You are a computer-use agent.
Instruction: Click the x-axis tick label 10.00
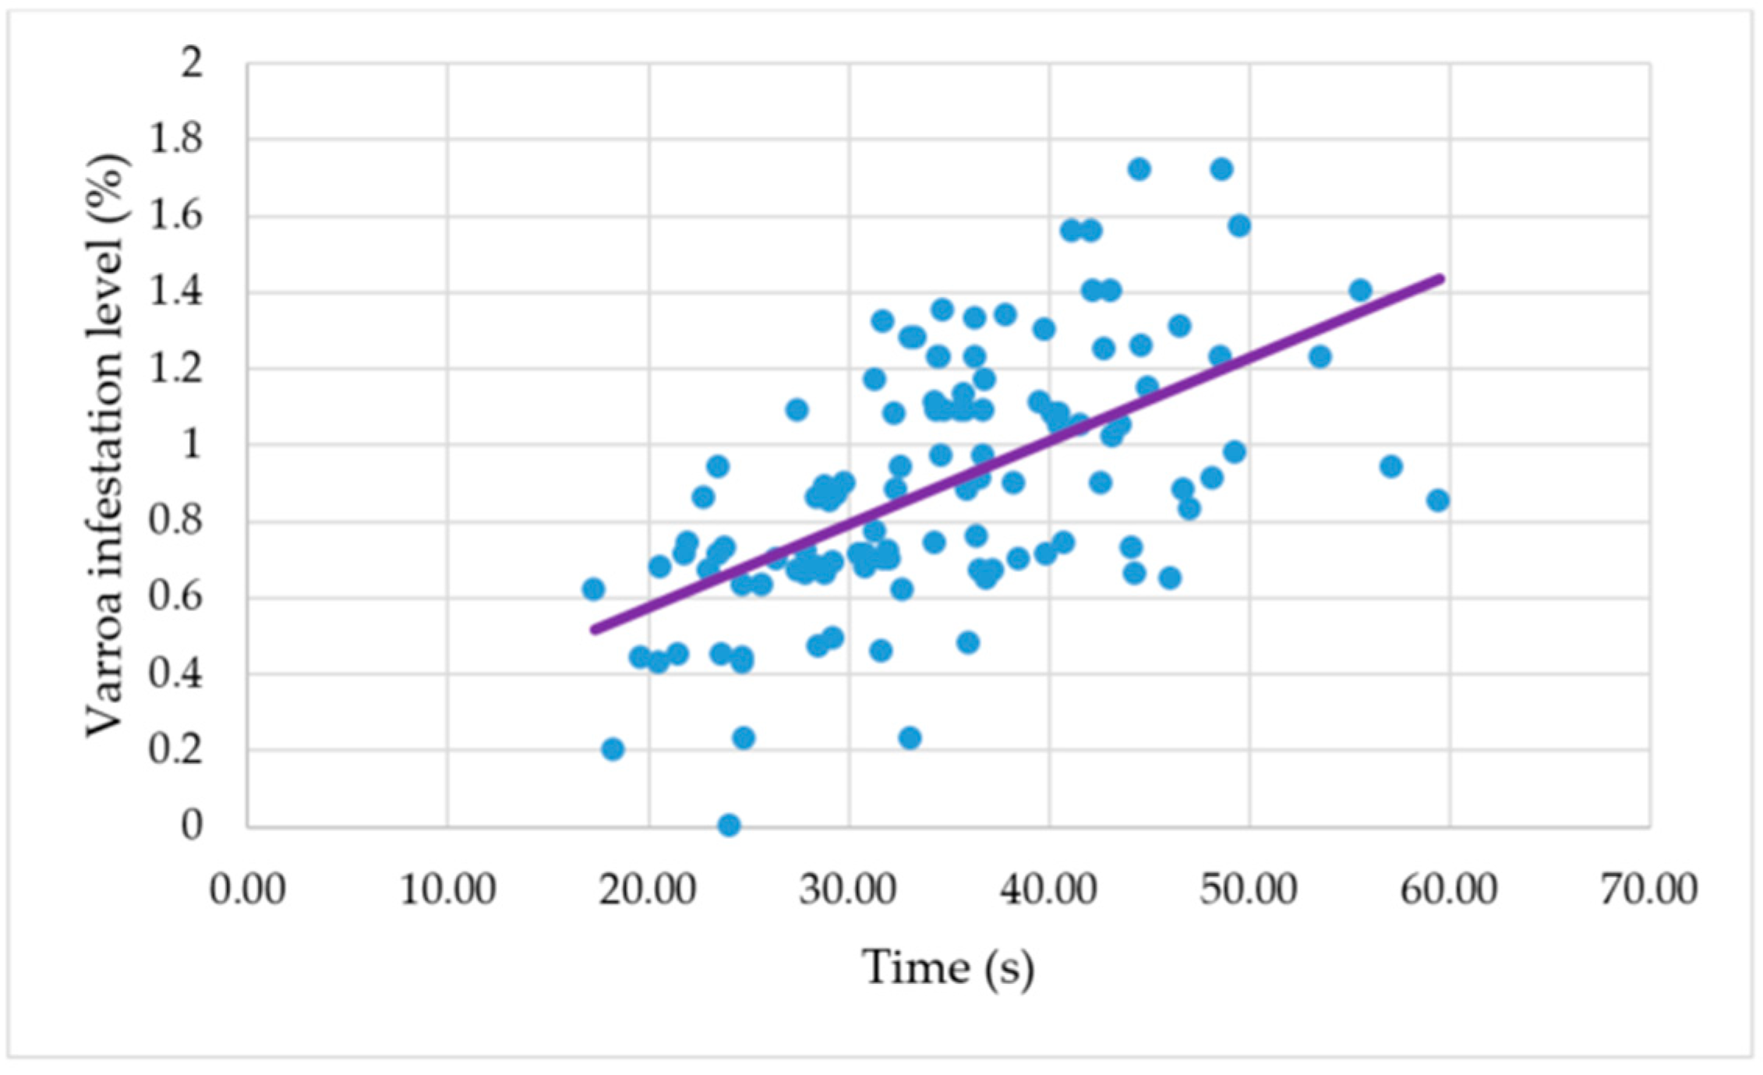(447, 889)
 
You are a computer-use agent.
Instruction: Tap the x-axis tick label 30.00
(848, 889)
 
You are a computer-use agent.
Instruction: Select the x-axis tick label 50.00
(1249, 889)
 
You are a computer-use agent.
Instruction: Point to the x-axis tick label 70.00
(1649, 889)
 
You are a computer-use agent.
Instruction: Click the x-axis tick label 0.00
(248, 889)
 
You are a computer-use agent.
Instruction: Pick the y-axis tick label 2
(191, 62)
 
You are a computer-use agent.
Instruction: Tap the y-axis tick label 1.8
(176, 139)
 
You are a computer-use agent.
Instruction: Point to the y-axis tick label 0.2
(176, 750)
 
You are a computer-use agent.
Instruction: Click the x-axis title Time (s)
(948, 968)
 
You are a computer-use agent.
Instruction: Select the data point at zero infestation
(729, 825)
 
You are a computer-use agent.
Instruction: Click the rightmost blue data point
(1438, 500)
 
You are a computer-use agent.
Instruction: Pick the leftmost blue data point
(593, 589)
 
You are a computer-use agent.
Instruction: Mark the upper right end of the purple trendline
(1441, 278)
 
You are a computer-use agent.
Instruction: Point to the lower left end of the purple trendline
(595, 629)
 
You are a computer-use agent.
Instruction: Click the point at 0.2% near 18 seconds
(613, 749)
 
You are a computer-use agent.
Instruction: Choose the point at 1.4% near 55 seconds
(1360, 291)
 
